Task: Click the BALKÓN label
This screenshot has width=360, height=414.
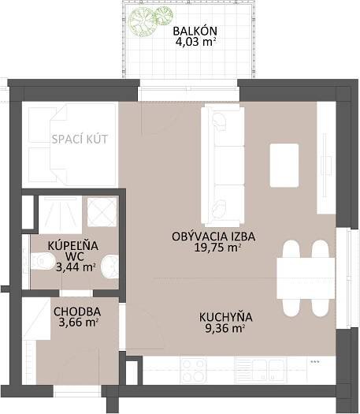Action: pos(195,31)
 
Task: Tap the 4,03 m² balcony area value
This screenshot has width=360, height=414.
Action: pos(195,42)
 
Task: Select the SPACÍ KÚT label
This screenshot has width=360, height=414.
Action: pos(80,139)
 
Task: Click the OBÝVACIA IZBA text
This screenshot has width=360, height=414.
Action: pos(213,237)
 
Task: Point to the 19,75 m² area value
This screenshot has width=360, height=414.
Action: pos(217,248)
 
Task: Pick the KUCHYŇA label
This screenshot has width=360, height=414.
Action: pos(226,317)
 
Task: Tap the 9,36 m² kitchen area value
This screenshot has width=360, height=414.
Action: pos(225,328)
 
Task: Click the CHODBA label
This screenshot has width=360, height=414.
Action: pos(77,311)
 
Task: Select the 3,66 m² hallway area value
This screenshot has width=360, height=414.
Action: pos(79,322)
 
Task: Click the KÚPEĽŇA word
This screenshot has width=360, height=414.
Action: pos(73,245)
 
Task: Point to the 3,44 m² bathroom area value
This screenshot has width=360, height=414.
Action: pos(76,267)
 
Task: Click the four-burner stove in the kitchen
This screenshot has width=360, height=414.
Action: pos(193,371)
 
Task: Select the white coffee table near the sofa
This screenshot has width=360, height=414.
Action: pos(284,166)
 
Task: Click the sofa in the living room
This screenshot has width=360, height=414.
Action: pos(222,165)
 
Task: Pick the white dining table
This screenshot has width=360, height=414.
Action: pos(306,278)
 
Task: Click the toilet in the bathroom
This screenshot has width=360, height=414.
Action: pos(43,261)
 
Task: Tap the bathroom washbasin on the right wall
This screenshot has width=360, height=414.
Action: pos(110,267)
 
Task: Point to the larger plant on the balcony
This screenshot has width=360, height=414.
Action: pos(142,21)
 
